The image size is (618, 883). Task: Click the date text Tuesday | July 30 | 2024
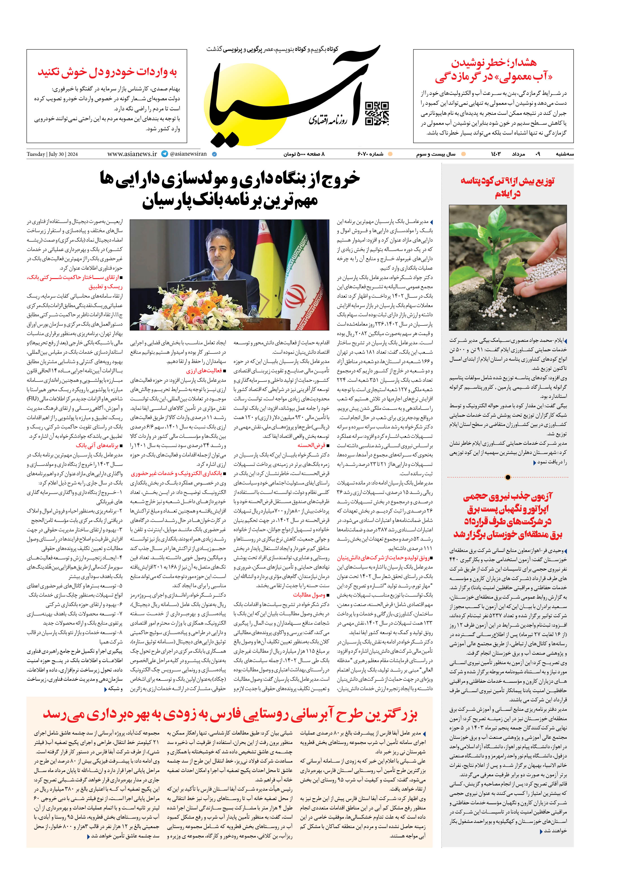(x=52, y=154)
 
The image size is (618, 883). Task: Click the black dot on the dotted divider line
(x=508, y=477)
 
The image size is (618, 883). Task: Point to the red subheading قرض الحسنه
(x=311, y=445)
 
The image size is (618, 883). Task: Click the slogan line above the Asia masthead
(x=272, y=49)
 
